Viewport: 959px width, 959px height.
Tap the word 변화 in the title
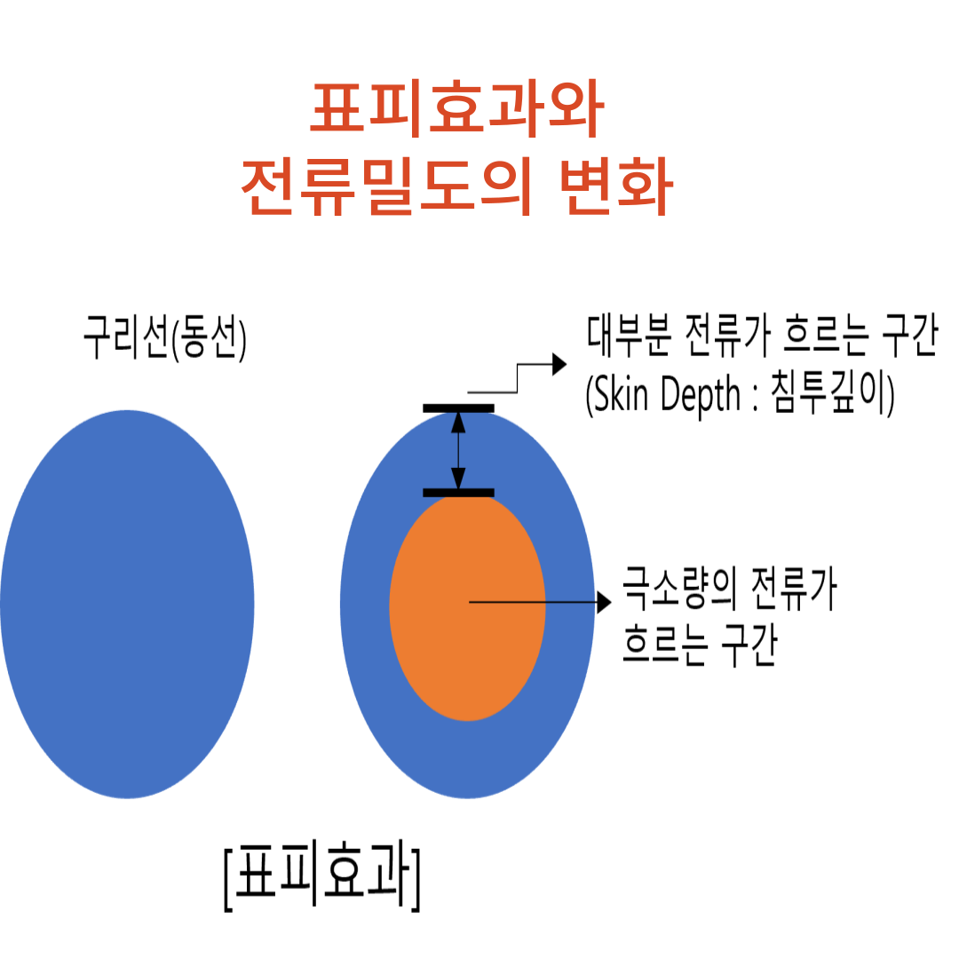pyautogui.click(x=616, y=189)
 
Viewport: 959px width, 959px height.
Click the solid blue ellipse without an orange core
pyautogui.click(x=127, y=604)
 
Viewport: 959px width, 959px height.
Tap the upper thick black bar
pyautogui.click(x=458, y=408)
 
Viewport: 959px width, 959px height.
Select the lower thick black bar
pyautogui.click(x=458, y=492)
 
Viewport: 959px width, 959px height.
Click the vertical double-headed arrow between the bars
pyautogui.click(x=458, y=450)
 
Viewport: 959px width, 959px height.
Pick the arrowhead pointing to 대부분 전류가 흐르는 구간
pyautogui.click(x=559, y=363)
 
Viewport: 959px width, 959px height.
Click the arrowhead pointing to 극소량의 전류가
pyautogui.click(x=605, y=603)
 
